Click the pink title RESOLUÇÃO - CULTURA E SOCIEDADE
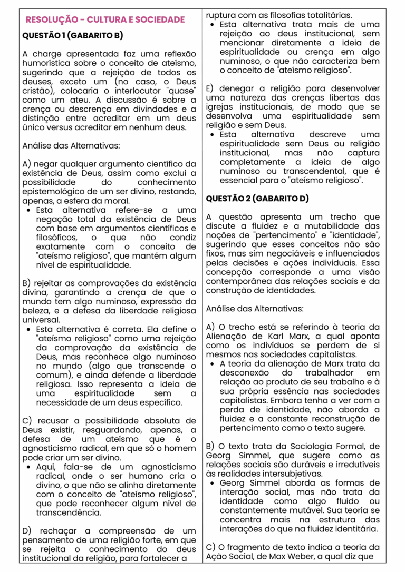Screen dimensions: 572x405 coord(105,20)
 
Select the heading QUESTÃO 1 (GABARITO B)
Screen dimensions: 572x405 coord(72,35)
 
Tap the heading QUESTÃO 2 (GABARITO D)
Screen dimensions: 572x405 coord(257,199)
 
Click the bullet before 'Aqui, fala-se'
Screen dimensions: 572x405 coord(27,467)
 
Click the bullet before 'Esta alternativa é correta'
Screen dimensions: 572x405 coord(27,329)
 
